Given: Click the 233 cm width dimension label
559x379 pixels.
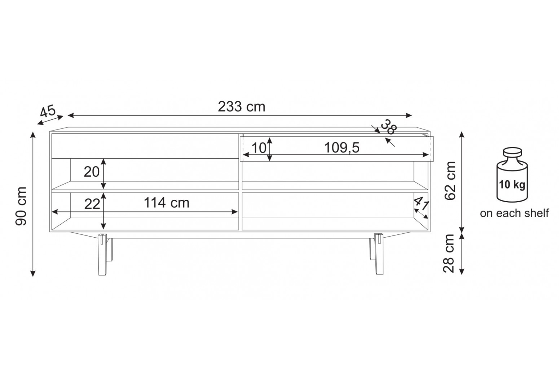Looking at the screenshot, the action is click(x=241, y=107).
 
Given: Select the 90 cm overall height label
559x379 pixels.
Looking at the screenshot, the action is click(x=21, y=206).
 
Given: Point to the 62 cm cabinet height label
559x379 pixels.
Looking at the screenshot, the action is click(x=450, y=181).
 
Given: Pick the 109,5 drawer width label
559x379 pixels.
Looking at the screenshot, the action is click(x=342, y=148).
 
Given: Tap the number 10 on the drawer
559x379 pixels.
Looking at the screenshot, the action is click(x=259, y=148).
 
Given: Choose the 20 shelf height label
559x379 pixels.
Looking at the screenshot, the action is click(x=92, y=172).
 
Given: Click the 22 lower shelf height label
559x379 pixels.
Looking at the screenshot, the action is click(x=92, y=204).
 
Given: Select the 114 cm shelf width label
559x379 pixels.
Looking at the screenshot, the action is click(x=167, y=203).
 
